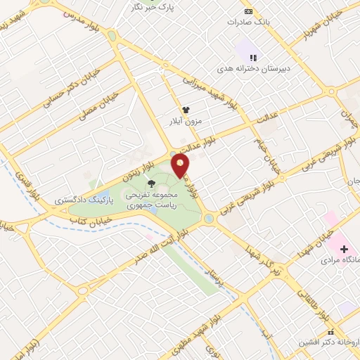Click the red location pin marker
(181, 166)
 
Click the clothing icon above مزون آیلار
(186, 110)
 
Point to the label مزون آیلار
(181, 121)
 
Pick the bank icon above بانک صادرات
(248, 11)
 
